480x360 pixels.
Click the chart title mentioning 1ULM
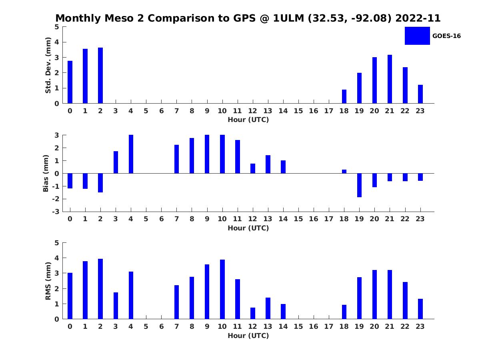[248, 18]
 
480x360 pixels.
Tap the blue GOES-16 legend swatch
[417, 36]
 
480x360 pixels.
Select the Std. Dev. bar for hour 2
[100, 76]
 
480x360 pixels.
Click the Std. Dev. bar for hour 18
[344, 96]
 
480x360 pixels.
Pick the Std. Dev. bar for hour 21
[390, 79]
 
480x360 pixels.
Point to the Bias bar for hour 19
[359, 185]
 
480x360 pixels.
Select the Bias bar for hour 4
[131, 154]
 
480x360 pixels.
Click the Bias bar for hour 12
[253, 168]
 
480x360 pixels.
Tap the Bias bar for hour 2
[100, 183]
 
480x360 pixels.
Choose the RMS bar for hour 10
[222, 289]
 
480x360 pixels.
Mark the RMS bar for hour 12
[253, 313]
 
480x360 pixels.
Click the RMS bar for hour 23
[420, 309]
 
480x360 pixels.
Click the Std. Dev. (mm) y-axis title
[48, 65]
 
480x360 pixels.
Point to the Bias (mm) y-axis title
[46, 174]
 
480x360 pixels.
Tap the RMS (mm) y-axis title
[48, 281]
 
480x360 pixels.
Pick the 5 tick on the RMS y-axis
[57, 243]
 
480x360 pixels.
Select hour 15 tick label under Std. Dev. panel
[298, 111]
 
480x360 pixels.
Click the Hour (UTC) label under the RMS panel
[248, 336]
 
